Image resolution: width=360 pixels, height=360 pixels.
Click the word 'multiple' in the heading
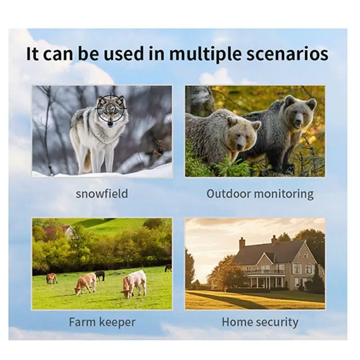tap(206, 54)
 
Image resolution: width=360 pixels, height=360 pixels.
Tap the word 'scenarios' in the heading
tap(287, 54)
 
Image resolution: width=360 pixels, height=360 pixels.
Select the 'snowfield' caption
tap(102, 193)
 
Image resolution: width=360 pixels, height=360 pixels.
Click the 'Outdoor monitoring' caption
tap(260, 194)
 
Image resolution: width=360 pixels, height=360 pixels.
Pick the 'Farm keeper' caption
tap(102, 322)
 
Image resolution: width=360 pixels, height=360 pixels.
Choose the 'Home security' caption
tap(260, 322)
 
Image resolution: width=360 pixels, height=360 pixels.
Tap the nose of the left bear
tap(239, 146)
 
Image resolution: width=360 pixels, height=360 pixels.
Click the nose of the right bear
tap(298, 121)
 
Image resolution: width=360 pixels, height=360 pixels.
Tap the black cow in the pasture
tap(100, 275)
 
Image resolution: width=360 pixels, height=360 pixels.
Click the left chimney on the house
tap(242, 243)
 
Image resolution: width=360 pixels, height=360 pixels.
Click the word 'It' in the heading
tap(32, 54)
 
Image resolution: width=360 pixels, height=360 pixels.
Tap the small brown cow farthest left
tap(51, 278)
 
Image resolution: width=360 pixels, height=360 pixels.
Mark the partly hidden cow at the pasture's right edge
tap(168, 268)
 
